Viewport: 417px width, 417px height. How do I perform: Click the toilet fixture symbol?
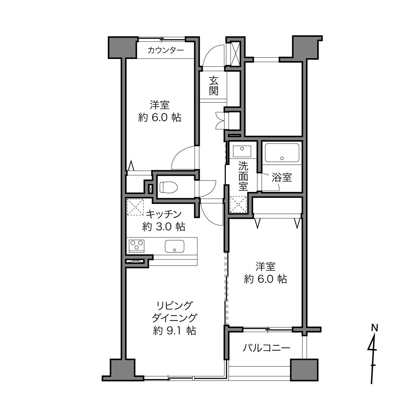coord(169,187)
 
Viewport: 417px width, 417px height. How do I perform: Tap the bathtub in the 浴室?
coord(282,153)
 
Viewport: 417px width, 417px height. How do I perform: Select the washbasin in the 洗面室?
coord(242,151)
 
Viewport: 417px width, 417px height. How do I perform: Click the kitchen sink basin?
coord(175,246)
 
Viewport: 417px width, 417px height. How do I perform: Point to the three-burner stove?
coord(137,246)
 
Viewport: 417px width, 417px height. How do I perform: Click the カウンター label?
coord(166,50)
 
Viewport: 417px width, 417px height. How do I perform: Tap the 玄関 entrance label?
coord(213,86)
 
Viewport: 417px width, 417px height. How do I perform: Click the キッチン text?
coord(164,214)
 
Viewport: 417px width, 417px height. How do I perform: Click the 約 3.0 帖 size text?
coord(164,227)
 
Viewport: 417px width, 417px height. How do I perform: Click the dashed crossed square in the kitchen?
coord(135,207)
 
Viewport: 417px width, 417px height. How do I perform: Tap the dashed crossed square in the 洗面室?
coord(238,205)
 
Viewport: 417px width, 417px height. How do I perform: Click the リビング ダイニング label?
coord(175,312)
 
